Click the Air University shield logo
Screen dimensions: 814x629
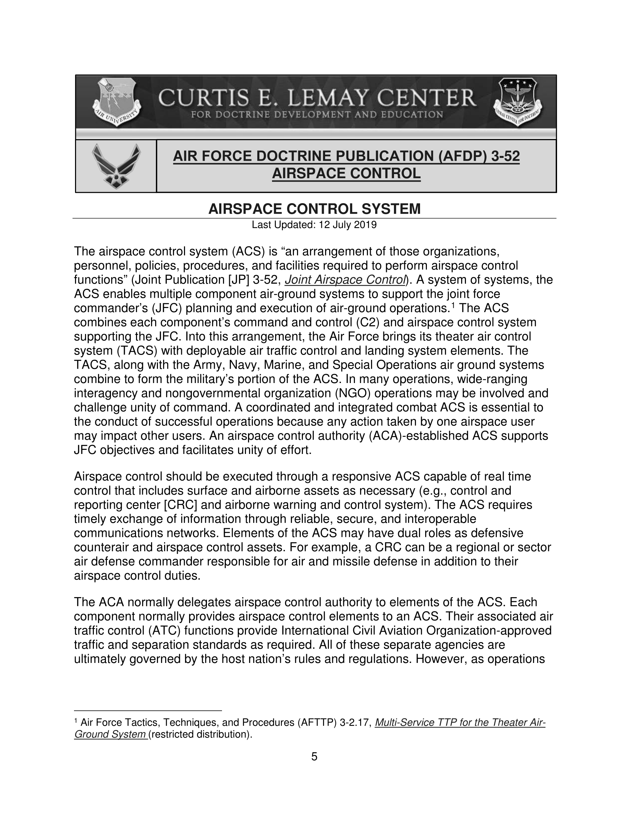(116, 101)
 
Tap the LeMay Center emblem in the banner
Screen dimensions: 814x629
(518, 101)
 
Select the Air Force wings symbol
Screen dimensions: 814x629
(116, 166)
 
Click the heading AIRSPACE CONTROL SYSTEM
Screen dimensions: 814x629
(314, 209)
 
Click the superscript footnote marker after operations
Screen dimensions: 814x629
(453, 305)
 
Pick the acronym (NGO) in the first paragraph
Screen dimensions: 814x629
(349, 393)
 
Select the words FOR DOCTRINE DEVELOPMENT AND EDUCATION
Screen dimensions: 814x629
(317, 114)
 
